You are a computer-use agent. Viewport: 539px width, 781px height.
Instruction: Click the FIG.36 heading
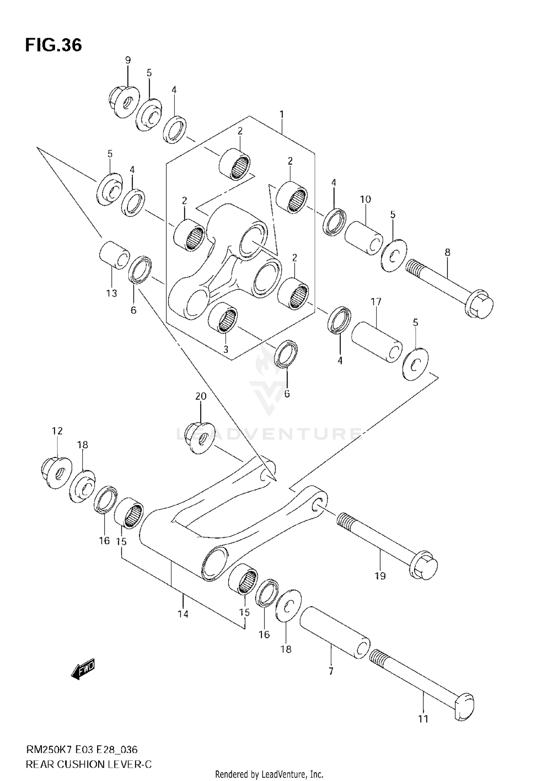53,45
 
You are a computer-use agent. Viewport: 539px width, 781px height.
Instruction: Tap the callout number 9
128,60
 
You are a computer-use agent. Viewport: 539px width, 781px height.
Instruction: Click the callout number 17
376,302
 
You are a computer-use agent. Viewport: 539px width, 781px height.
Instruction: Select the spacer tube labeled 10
363,238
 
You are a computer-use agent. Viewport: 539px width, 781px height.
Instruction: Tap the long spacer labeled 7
335,632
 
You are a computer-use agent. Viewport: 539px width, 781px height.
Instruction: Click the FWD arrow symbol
83,670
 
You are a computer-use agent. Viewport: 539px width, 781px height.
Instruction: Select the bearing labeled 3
223,316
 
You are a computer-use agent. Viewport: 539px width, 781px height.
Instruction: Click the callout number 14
183,614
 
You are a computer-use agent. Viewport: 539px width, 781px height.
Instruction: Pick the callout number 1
282,115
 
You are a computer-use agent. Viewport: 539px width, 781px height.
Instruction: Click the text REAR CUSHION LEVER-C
89,762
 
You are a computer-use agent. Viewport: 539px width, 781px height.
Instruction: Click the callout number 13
112,293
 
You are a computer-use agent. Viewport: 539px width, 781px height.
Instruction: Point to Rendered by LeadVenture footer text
269,774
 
